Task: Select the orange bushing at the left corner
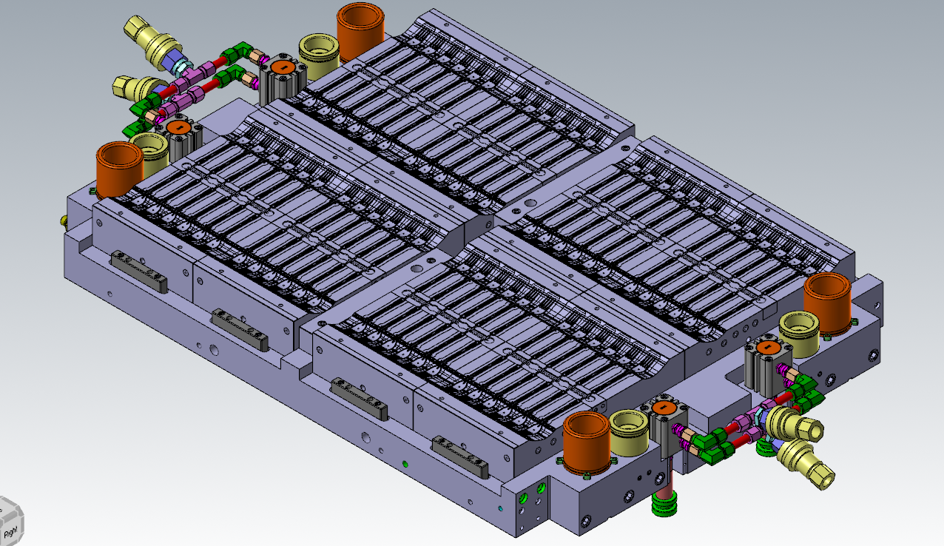point(120,169)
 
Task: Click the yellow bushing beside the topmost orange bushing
point(320,55)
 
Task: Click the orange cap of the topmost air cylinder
point(283,67)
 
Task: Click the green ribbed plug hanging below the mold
point(665,507)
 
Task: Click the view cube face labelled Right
point(11,531)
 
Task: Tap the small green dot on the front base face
point(405,464)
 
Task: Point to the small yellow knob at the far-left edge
point(64,220)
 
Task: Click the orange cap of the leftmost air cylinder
point(178,127)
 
